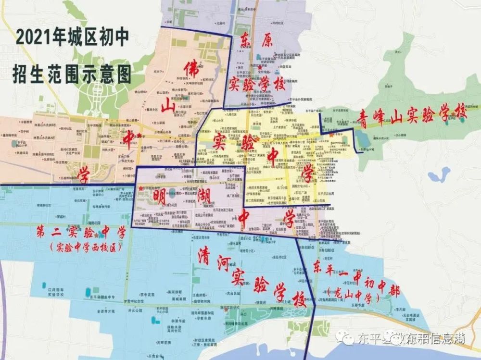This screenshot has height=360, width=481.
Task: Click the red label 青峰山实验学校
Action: tap(412, 115)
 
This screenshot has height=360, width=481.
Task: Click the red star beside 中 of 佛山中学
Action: tap(139, 137)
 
